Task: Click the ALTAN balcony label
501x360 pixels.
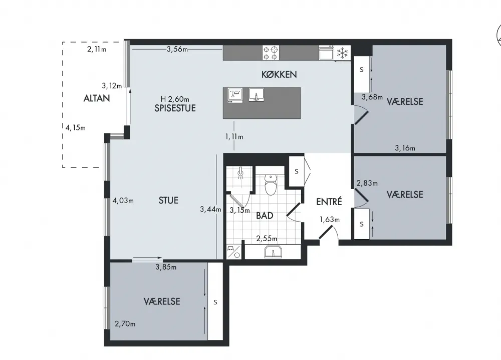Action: coord(97,98)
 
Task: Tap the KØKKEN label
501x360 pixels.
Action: coord(279,75)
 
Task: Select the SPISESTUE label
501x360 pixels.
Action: coord(175,108)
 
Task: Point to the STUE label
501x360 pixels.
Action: coord(168,201)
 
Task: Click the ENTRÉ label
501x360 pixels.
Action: coord(329,202)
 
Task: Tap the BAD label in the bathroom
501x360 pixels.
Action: coord(265,216)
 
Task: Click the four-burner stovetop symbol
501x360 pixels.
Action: coord(271,53)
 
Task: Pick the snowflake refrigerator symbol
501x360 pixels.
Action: coord(343,53)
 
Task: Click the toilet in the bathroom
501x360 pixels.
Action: coord(271,185)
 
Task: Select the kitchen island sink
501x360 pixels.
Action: coord(256,95)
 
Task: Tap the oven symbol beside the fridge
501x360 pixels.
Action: coord(326,53)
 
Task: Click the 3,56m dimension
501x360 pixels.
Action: coord(177,49)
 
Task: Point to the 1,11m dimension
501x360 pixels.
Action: coord(234,137)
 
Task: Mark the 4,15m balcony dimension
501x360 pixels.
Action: coord(76,128)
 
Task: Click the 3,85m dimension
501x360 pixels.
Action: coord(166,267)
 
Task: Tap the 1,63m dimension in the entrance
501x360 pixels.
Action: coord(330,220)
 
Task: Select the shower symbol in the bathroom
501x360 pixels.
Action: coord(240,173)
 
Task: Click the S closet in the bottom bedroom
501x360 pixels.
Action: coord(215,301)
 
